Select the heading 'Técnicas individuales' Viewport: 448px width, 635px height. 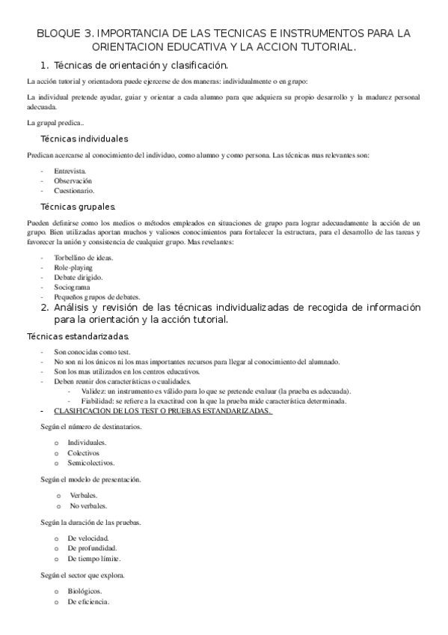tap(84, 139)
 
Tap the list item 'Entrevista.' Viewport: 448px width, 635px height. tap(70, 171)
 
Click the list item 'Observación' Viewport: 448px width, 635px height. tap(73, 180)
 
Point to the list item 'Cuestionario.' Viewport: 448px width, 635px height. tap(74, 190)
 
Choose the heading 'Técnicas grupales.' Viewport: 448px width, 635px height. tap(78, 207)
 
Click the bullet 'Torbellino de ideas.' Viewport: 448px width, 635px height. tap(84, 258)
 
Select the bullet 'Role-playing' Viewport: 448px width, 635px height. tap(73, 267)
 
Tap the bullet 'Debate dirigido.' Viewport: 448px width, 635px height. tap(79, 277)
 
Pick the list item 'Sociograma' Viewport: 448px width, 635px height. tap(73, 287)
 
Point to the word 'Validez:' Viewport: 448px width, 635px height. tap(93, 391)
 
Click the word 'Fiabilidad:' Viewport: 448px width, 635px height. tap(99, 401)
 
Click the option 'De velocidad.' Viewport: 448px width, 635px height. tap(88, 538)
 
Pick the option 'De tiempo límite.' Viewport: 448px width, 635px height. tap(94, 559)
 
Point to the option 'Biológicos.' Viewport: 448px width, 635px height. tap(85, 591)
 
